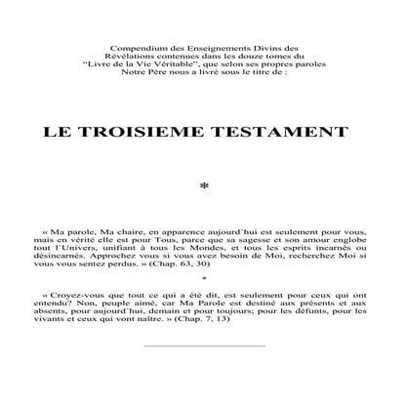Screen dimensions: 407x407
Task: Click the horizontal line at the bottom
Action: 203,374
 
